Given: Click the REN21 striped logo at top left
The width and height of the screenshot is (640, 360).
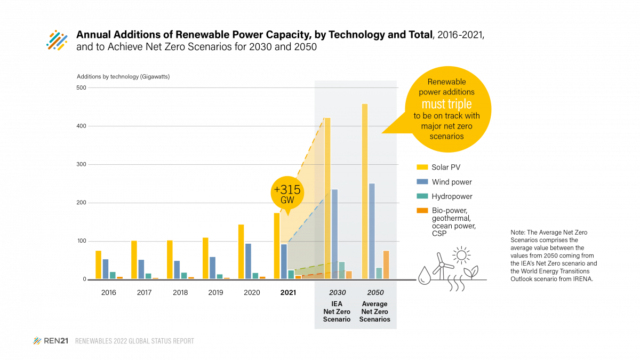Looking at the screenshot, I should click(x=57, y=41).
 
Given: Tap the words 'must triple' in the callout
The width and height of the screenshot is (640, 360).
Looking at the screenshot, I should click(x=446, y=103).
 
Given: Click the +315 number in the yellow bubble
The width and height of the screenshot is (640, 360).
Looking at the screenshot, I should click(x=287, y=190).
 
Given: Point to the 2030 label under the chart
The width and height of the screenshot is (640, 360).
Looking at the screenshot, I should click(x=337, y=293).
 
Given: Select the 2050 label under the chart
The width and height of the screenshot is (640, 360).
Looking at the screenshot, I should click(x=375, y=293).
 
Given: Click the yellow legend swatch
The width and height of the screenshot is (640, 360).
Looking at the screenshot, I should click(x=422, y=167).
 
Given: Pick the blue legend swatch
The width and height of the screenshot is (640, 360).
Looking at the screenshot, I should click(x=422, y=181).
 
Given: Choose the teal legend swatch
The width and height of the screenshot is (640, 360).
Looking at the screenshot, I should click(x=422, y=196).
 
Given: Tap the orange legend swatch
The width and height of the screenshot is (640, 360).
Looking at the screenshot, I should click(x=422, y=210).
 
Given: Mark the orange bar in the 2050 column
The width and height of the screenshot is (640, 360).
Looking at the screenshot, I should click(x=386, y=265).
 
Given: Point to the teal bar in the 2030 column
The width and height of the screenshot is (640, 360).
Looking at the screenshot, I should click(x=342, y=270).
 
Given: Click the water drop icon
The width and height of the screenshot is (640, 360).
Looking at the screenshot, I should click(x=425, y=275).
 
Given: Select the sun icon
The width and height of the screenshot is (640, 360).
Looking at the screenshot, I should click(x=461, y=255).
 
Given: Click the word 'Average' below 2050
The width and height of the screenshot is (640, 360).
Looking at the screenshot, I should click(x=374, y=304).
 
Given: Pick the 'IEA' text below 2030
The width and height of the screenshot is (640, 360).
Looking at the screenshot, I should click(x=337, y=304).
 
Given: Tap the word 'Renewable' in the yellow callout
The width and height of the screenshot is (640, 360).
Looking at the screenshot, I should click(x=446, y=82).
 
